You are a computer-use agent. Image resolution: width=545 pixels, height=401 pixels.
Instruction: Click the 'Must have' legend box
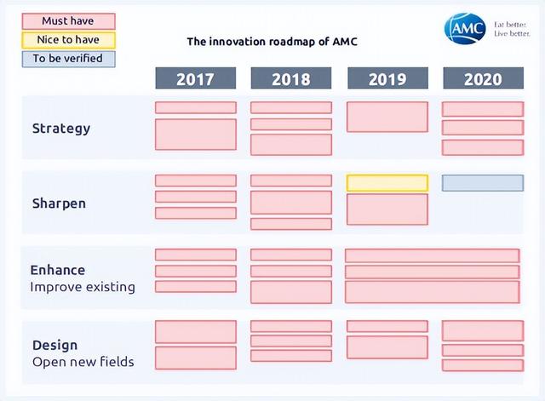68,21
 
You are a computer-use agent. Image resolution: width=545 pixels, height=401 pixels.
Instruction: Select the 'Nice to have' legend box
68,40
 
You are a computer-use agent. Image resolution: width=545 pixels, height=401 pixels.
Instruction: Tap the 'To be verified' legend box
68,59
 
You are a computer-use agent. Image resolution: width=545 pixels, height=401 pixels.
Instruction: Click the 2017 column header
196,78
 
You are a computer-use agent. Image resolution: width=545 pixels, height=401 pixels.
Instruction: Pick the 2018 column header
291,78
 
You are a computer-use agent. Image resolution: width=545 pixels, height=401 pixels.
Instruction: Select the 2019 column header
388,78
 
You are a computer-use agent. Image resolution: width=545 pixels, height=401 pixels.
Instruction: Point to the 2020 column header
483,78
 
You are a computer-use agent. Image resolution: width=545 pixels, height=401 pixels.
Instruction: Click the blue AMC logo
465,28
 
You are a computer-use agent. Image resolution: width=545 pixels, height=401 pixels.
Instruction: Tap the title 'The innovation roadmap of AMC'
272,42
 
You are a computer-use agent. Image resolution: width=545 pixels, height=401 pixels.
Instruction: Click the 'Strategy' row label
61,129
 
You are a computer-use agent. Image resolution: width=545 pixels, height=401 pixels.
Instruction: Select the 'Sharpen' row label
59,203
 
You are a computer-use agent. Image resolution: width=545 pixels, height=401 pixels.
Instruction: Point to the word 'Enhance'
58,271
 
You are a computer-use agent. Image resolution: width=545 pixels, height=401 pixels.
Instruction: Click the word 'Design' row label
54,346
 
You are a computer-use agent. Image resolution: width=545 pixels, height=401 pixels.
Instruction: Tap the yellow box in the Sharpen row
387,183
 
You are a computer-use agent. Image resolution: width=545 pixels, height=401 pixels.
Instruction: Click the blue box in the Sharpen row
483,183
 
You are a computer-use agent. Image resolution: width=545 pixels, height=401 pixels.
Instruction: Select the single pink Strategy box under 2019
387,117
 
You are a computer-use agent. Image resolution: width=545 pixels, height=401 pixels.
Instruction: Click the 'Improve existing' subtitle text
83,288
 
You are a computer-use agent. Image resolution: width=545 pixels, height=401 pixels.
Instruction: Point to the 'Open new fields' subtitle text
83,362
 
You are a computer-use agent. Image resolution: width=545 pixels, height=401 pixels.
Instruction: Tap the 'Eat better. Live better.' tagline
512,29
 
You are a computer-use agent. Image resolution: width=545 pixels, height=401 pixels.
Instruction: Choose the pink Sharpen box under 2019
387,209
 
